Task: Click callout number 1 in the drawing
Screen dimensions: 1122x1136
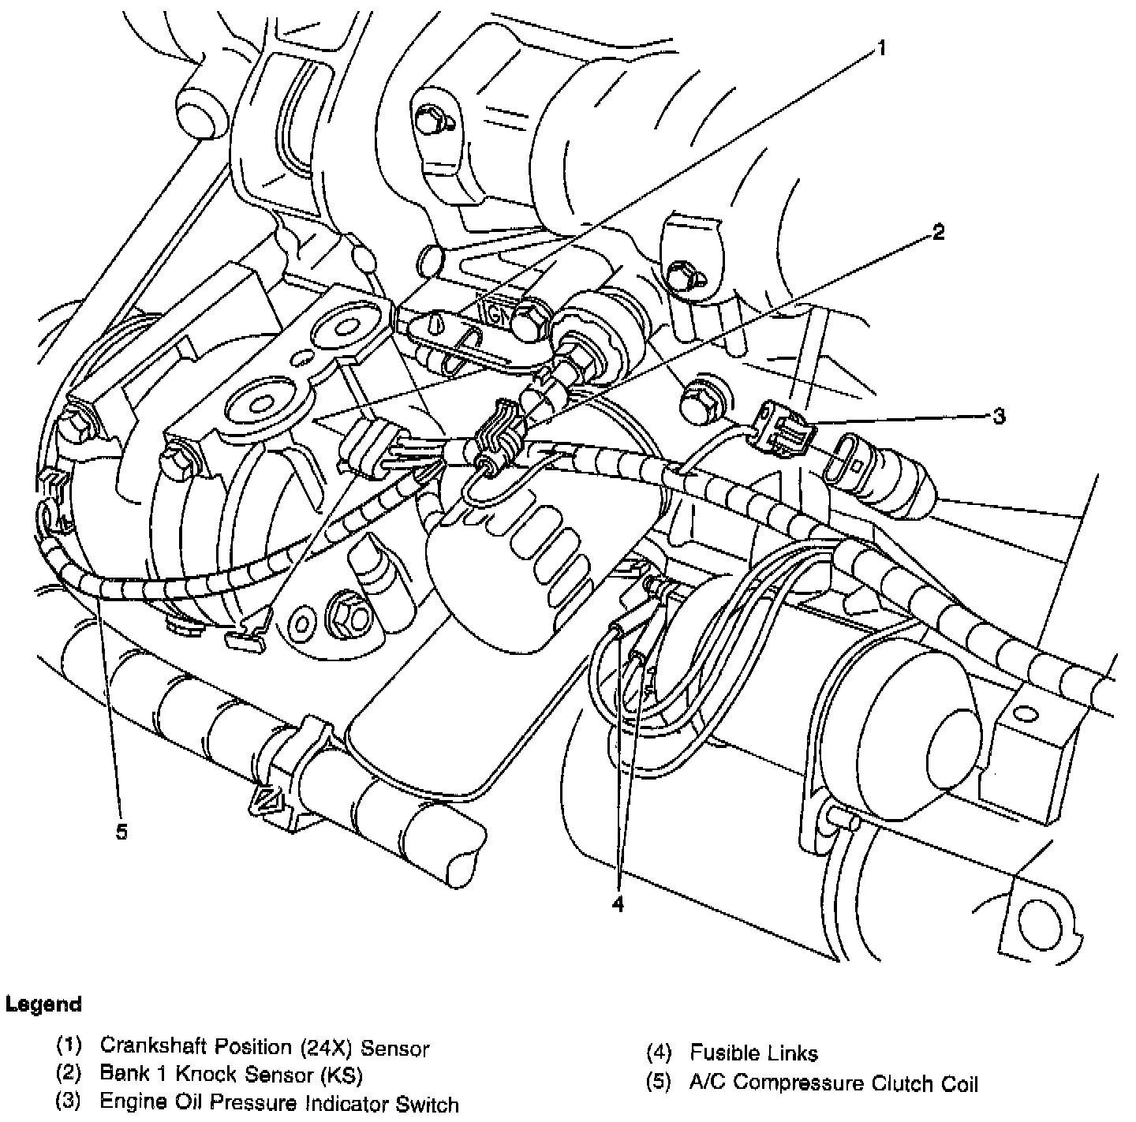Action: [x=881, y=49]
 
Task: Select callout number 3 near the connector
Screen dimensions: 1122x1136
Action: [x=999, y=416]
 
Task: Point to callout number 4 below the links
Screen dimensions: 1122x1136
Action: [x=618, y=904]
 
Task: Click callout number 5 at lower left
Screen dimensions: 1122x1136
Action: [x=121, y=832]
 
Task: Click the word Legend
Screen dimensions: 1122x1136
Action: [x=43, y=1004]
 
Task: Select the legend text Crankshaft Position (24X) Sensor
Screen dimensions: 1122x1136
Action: [x=264, y=1049]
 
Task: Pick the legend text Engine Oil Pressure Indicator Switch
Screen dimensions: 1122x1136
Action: [x=278, y=1102]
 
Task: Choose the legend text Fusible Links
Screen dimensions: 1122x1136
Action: [x=753, y=1053]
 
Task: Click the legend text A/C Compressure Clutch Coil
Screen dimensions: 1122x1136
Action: [x=833, y=1083]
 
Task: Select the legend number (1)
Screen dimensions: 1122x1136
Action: [x=69, y=1046]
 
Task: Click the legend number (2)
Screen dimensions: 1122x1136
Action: [x=69, y=1074]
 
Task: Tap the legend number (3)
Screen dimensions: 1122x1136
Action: [x=69, y=1101]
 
